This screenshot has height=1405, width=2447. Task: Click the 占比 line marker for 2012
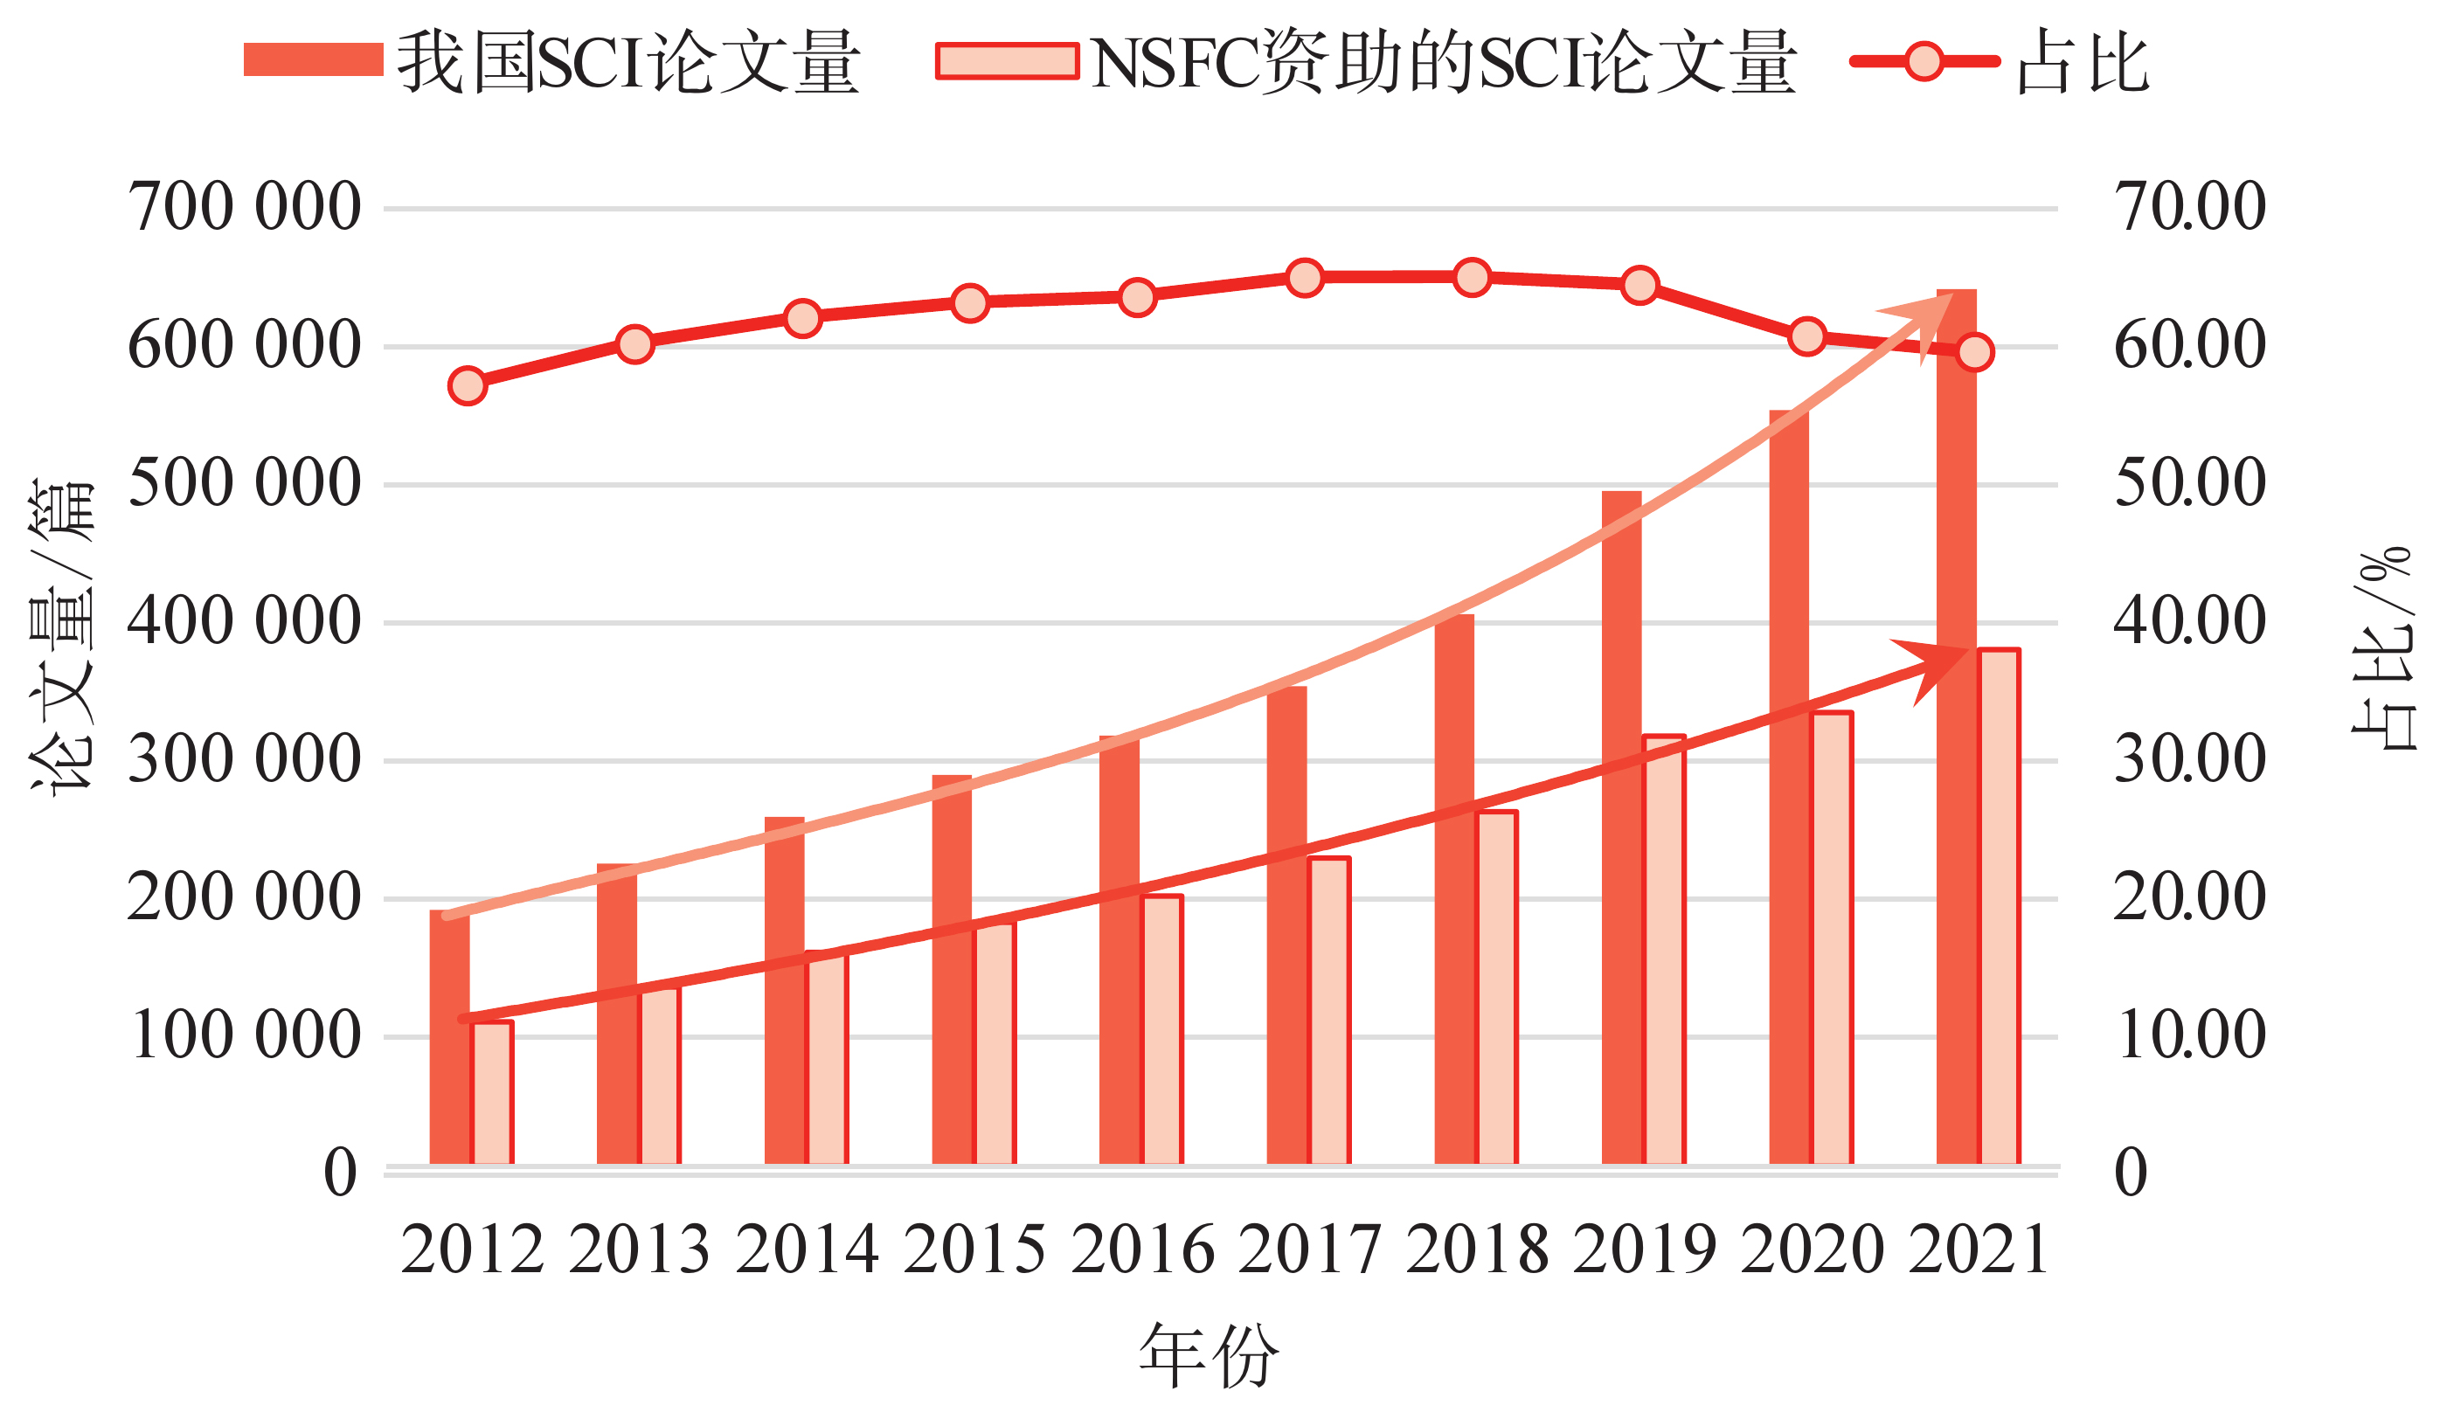click(x=467, y=386)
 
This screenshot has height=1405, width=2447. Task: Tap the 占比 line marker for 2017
click(x=1305, y=278)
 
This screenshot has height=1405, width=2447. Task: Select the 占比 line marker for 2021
click(x=1975, y=352)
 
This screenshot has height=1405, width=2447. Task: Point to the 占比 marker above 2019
click(x=1640, y=285)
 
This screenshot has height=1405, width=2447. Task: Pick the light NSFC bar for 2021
click(x=2000, y=907)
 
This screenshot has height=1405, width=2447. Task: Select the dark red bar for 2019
click(x=1621, y=828)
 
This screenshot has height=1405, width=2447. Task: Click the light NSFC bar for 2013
click(x=661, y=1076)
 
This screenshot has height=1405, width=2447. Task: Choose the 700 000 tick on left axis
click(x=245, y=207)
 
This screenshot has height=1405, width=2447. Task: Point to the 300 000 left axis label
click(x=245, y=760)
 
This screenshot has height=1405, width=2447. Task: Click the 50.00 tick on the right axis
click(x=2189, y=483)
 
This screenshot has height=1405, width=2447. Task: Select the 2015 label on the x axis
click(x=974, y=1250)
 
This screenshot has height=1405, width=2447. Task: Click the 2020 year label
click(x=1813, y=1250)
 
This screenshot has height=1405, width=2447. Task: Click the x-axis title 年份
click(x=1209, y=1356)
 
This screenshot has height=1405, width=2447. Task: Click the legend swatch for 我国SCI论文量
click(x=313, y=59)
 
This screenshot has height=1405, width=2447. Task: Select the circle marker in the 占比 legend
click(x=1924, y=62)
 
